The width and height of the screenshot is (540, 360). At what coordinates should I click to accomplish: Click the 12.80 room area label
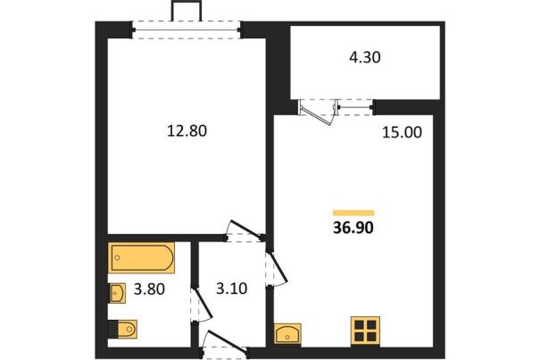coord(187,131)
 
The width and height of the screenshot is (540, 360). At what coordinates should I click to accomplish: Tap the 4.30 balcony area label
coord(365,57)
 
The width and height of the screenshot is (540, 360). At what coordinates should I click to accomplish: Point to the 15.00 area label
coord(402,132)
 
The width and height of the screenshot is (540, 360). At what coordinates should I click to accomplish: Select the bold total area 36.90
coord(353,228)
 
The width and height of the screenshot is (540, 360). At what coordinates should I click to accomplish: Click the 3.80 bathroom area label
coord(149,289)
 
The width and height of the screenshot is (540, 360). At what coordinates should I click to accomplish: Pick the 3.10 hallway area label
coord(232,289)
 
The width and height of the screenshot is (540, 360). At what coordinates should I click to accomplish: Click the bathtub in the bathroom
coord(141,258)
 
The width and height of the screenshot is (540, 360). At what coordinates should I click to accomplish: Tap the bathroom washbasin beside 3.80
coord(118,293)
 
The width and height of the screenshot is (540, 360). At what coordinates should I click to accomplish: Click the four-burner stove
coord(365,331)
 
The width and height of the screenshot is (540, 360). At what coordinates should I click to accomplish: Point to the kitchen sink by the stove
coord(287,333)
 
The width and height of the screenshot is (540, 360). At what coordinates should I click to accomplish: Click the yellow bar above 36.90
coord(353,213)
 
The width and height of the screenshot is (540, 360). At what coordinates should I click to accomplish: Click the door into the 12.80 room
coord(245,230)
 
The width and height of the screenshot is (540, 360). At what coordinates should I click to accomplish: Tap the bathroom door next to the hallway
coord(201,306)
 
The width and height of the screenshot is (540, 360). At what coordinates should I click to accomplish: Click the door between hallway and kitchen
coord(277,269)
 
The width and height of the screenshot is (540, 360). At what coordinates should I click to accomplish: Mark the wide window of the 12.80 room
coord(187,30)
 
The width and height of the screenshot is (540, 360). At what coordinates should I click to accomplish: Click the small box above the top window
coord(187,11)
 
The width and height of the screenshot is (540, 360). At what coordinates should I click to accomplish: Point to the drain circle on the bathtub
coord(117,257)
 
